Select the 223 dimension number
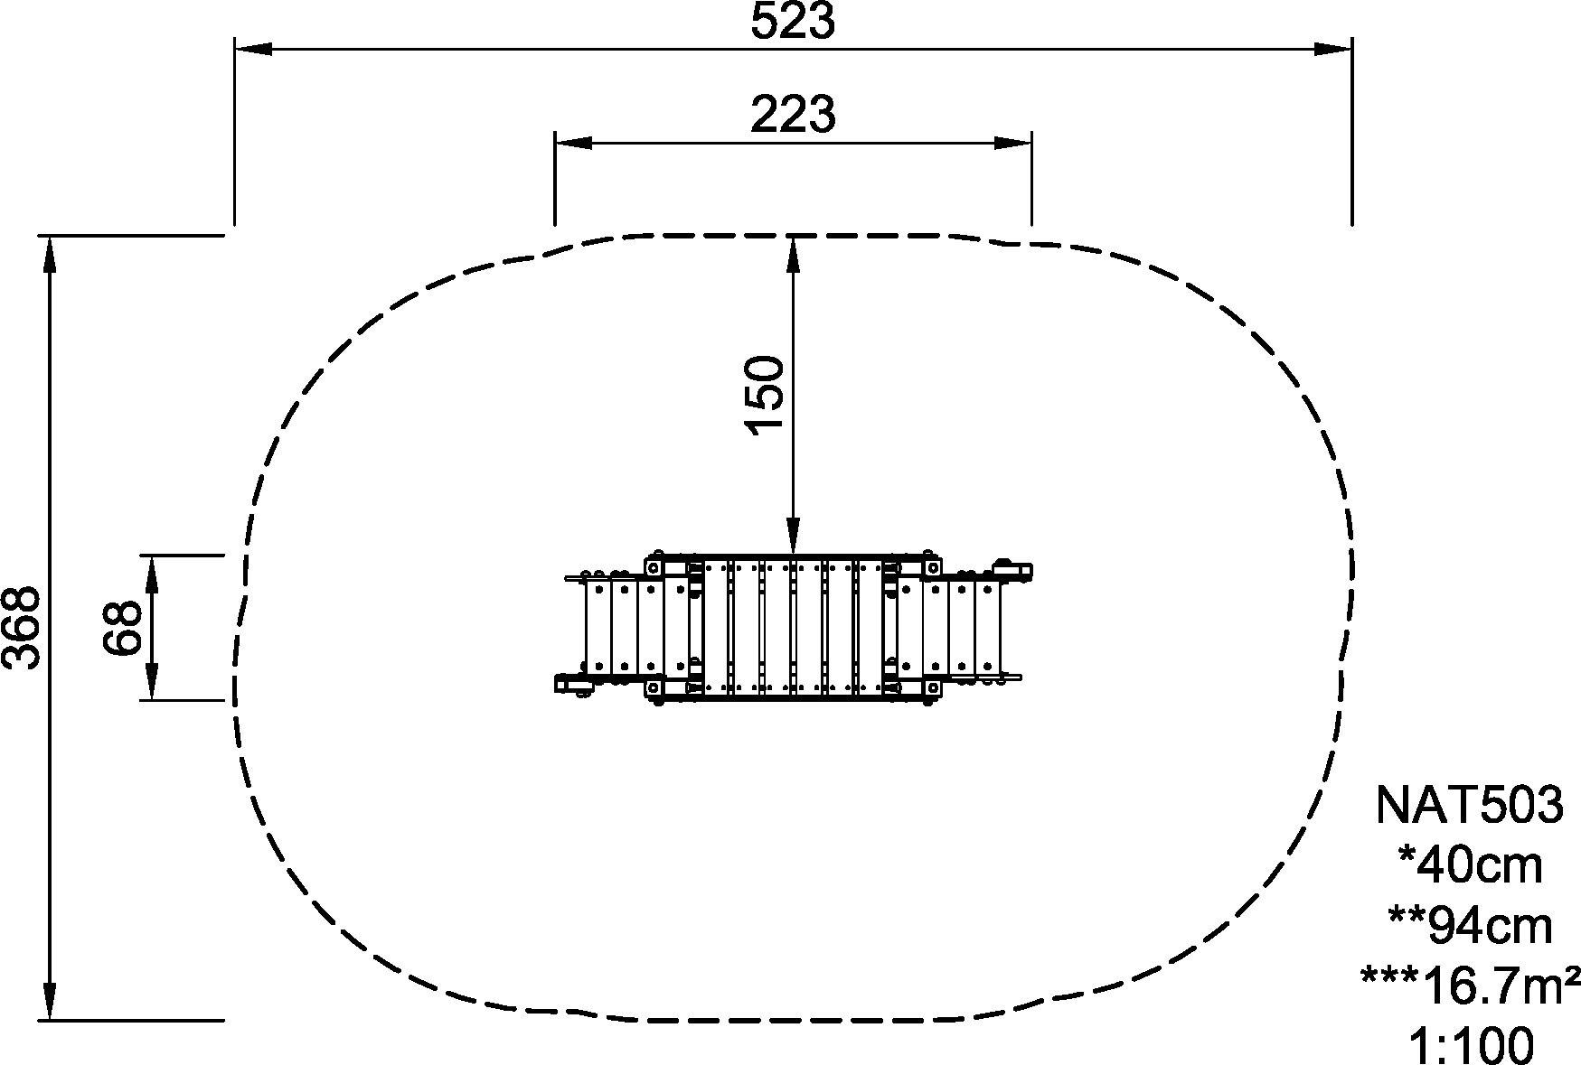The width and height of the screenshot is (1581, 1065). pos(793,115)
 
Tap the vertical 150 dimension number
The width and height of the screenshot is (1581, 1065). pos(765,394)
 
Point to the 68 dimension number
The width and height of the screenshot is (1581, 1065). pos(123,627)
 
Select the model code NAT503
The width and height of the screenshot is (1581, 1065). pos(1468,805)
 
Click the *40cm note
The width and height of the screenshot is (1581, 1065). pos(1470,865)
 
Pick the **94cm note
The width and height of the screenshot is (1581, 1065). pos(1470,926)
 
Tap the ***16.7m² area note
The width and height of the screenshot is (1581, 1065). pos(1470,986)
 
